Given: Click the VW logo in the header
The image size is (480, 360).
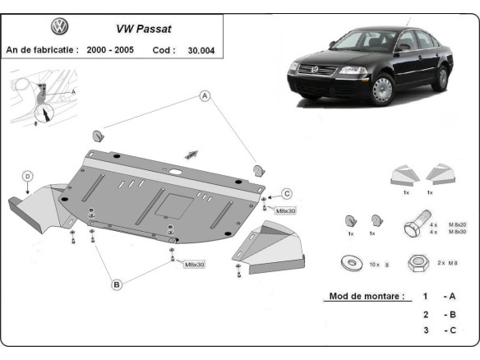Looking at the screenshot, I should pos(60,27).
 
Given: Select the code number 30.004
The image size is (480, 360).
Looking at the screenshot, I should pos(202,49).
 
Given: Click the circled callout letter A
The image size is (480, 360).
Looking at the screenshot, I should pos(205,96).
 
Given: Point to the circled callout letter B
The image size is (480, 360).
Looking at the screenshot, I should pos(117,284).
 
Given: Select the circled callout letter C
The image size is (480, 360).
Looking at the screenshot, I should pos(287,193).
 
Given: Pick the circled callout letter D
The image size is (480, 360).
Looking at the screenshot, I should pos(27,175).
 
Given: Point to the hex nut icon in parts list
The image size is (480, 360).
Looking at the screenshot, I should pos(418,264).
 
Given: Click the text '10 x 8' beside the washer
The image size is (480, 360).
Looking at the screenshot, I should pos(379,265).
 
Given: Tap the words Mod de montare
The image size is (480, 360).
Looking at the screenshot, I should pos(366,296).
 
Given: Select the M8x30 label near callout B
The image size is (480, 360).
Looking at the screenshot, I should pos(194,265).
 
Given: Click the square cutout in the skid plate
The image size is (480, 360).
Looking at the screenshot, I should pos(175,202).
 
